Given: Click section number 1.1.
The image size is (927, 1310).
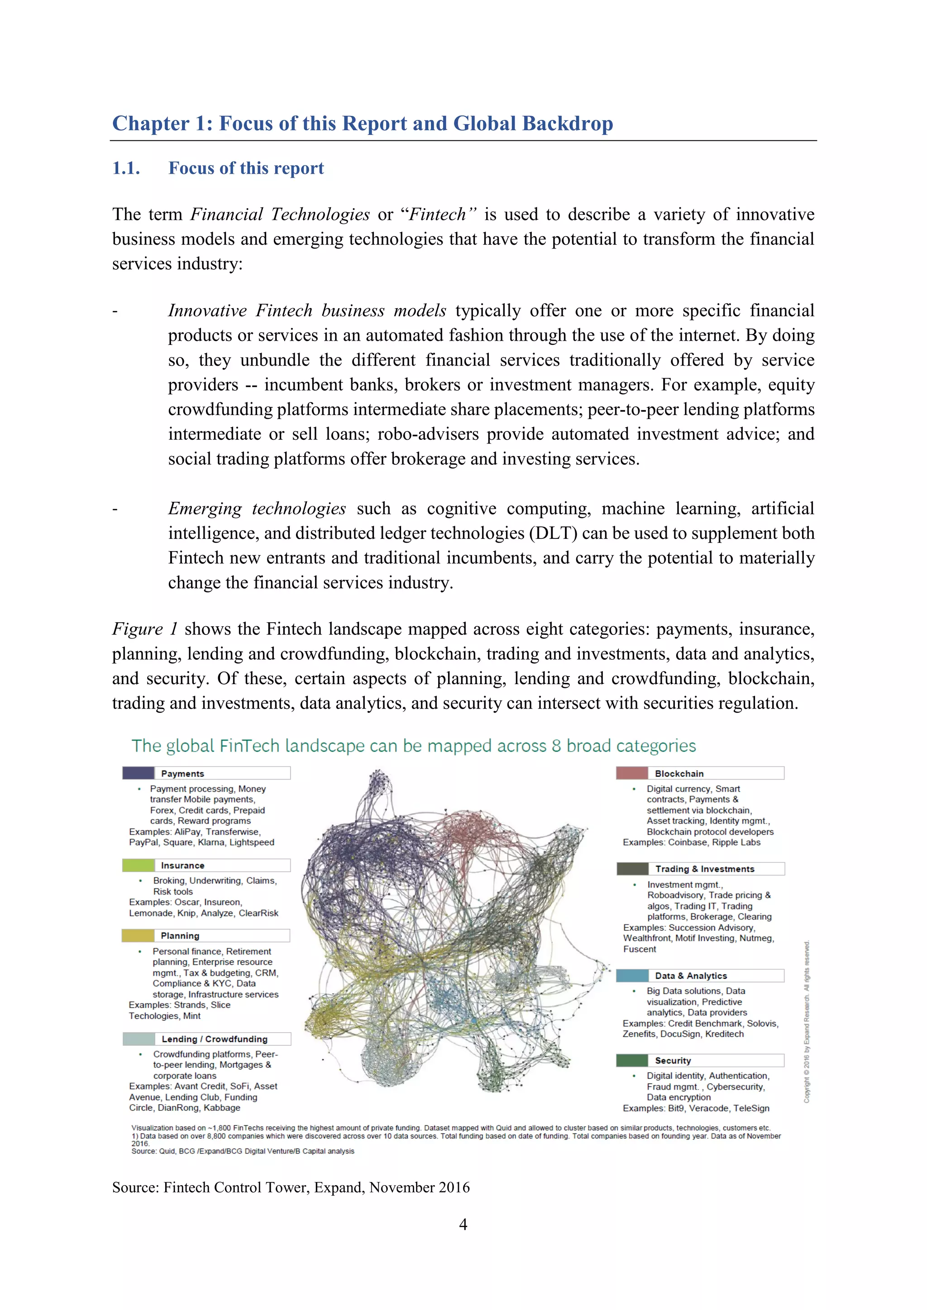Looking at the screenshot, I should click(x=126, y=168).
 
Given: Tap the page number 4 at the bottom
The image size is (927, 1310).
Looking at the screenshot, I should click(x=463, y=1224).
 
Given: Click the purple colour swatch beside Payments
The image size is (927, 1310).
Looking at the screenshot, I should click(x=138, y=773).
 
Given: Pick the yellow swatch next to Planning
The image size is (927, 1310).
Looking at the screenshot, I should click(x=138, y=936).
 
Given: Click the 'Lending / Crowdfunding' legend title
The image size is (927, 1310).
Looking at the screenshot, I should click(x=214, y=1039).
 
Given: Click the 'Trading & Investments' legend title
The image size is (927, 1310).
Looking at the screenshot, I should click(x=704, y=869).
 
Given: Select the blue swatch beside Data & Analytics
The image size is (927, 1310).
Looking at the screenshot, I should click(x=632, y=976).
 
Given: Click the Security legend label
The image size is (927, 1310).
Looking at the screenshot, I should click(x=673, y=1061).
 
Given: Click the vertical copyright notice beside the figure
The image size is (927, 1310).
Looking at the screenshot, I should click(x=807, y=1021).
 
